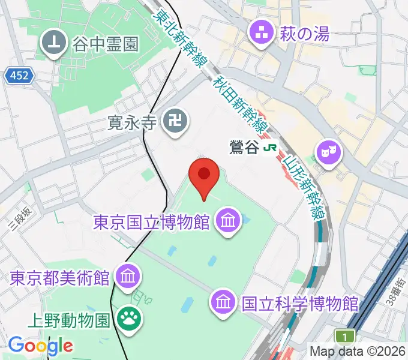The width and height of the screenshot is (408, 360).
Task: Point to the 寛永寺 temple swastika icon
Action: (176, 122)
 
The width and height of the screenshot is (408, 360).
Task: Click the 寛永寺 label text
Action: (132, 123)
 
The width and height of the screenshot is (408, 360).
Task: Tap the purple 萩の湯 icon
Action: (262, 34)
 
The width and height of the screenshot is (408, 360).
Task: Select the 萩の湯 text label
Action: (304, 34)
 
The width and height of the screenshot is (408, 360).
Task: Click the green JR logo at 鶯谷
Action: (273, 146)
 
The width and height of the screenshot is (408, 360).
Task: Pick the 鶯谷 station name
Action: (244, 146)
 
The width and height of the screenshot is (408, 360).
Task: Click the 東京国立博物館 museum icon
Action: (227, 221)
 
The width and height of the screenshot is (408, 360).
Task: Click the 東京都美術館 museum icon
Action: (128, 277)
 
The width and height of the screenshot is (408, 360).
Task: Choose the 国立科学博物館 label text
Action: (299, 303)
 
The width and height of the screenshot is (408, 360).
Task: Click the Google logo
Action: (40, 346)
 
